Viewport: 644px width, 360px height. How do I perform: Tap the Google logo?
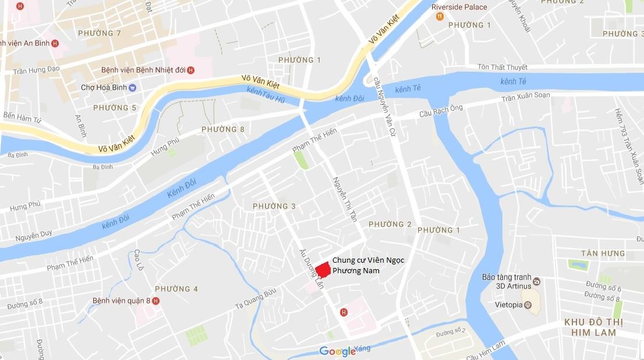(338, 351)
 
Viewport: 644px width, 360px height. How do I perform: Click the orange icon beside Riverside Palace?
(440, 16)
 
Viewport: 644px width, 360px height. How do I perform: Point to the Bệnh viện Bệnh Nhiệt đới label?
(143, 70)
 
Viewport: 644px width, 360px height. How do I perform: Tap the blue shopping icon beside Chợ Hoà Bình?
(133, 88)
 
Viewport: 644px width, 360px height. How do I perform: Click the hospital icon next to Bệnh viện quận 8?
(155, 301)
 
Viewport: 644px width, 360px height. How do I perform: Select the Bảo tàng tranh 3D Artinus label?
(507, 281)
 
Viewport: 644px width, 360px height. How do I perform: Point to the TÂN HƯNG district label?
(603, 253)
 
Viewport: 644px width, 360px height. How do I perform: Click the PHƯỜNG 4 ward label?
(176, 289)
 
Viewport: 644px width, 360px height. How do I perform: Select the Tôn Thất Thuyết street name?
(503, 68)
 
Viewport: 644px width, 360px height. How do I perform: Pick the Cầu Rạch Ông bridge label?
(441, 112)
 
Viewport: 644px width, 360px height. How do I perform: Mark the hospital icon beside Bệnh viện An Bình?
(55, 43)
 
